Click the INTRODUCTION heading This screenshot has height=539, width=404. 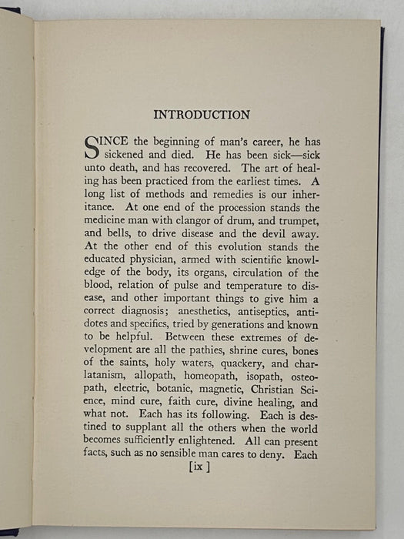click(202, 115)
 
